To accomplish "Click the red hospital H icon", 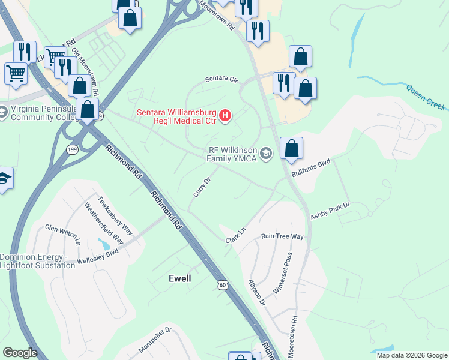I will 225,115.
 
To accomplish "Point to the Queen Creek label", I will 426,97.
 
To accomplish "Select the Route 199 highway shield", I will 71,149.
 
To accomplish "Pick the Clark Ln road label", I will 236,235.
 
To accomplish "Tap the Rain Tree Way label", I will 282,236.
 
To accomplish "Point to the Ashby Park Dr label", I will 330,210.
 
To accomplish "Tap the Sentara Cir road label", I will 221,79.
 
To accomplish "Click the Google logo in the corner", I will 19,353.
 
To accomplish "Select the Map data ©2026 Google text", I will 412,355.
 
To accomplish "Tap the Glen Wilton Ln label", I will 63,233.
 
